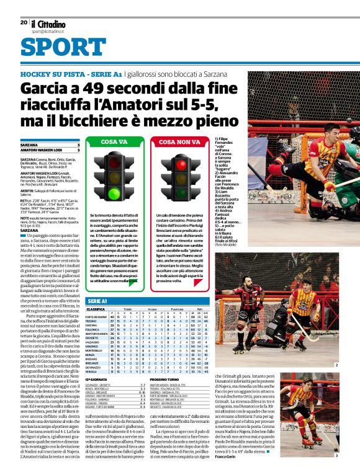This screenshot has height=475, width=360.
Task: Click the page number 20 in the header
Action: pos(24,22)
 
